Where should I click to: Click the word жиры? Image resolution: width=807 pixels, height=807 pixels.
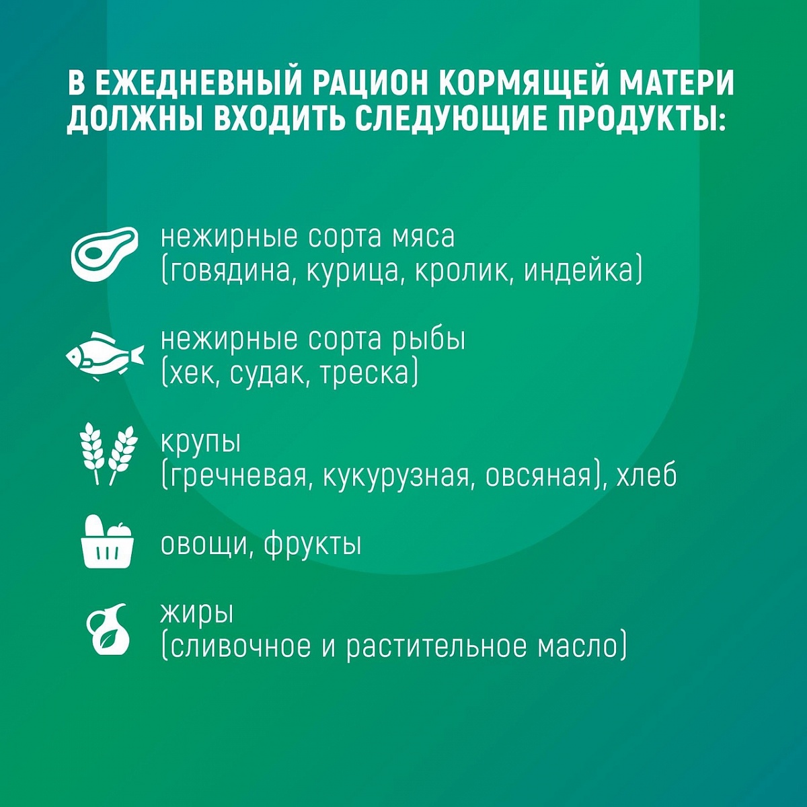pos(197,615)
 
